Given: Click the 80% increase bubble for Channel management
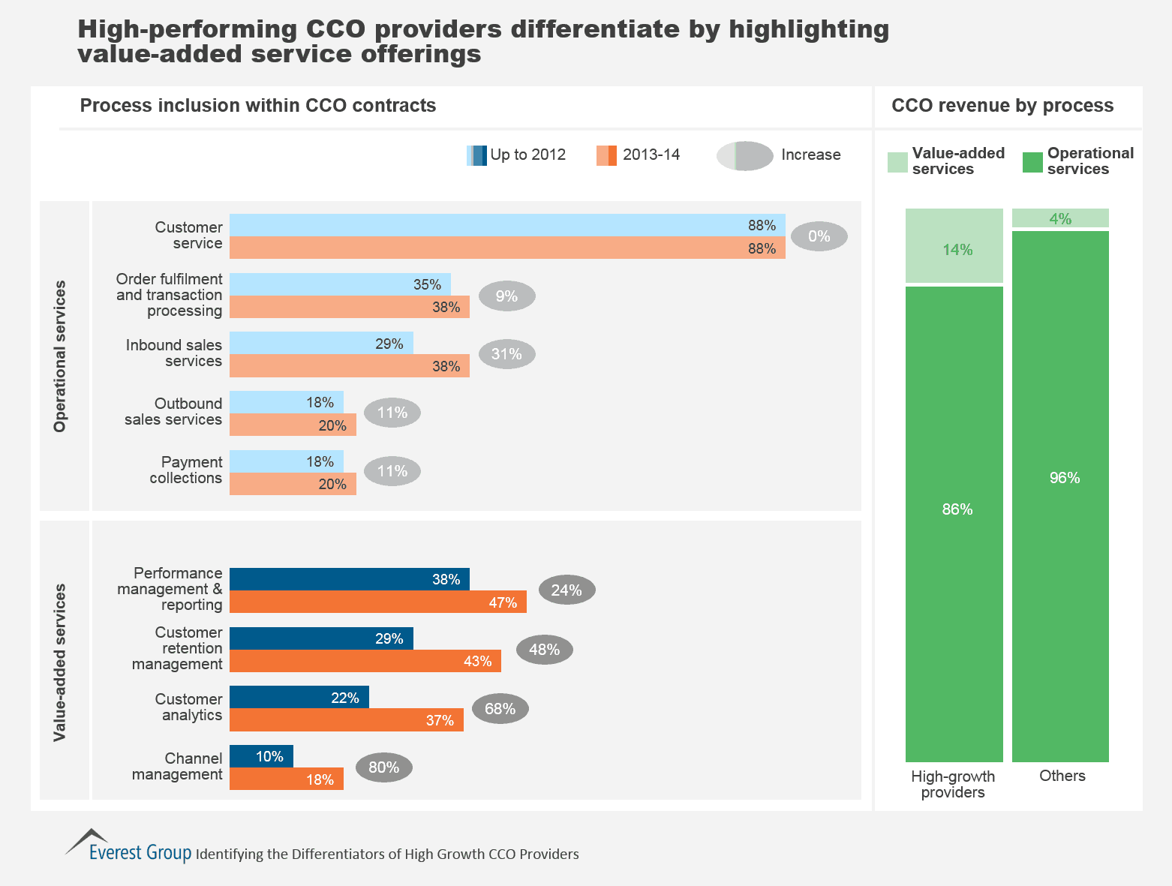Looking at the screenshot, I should [x=383, y=767].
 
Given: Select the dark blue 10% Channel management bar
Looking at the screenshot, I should [x=261, y=756].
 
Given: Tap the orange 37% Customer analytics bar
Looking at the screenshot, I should [x=346, y=720].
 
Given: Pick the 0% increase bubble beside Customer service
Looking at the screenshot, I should [x=819, y=236].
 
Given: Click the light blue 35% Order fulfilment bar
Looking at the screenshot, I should [x=340, y=284].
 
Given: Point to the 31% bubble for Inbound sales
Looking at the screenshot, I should [x=507, y=354].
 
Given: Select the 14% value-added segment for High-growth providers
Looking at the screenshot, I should [x=954, y=246].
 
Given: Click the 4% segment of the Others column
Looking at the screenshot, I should [x=1060, y=218].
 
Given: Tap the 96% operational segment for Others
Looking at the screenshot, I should [x=1060, y=495].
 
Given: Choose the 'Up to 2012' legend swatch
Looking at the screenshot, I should [x=477, y=155].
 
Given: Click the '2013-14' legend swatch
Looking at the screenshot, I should [x=606, y=155].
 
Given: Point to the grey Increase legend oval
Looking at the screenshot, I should [x=744, y=156].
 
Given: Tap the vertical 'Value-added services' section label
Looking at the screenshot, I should [x=60, y=662].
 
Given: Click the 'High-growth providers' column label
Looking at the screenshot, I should [x=953, y=785].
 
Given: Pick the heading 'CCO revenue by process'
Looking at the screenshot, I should [x=1002, y=106].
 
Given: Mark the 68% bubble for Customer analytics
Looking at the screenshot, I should [x=500, y=709].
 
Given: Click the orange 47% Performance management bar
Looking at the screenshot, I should [x=377, y=602].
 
